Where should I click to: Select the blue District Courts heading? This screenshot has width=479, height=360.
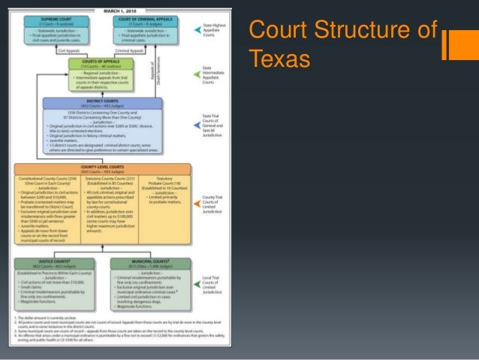pyautogui.click(x=101, y=101)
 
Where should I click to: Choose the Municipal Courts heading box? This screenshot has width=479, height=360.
pyautogui.click(x=146, y=260)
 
